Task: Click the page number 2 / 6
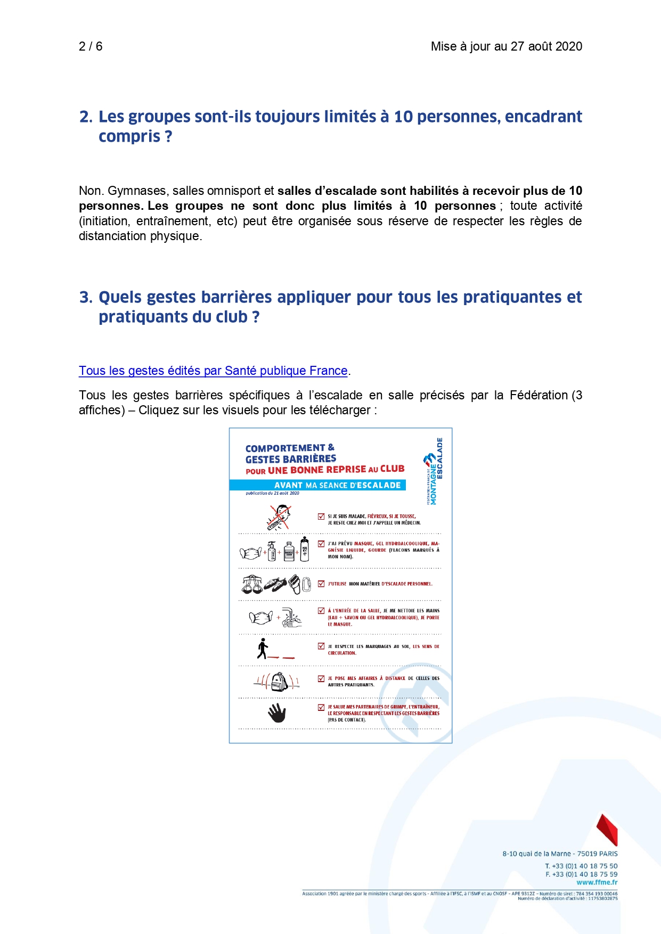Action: click(91, 46)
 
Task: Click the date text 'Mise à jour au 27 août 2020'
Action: click(506, 46)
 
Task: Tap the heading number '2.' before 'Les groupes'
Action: click(86, 117)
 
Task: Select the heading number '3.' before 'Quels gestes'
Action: click(86, 297)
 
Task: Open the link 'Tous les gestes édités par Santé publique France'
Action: click(213, 371)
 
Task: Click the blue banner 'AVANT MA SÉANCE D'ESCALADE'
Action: click(318, 485)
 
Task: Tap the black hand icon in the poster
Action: click(277, 712)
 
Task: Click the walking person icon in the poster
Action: click(263, 649)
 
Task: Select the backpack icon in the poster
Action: click(279, 682)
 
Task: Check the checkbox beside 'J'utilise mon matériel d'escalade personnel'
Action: click(321, 584)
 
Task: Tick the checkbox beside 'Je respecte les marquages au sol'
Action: click(321, 646)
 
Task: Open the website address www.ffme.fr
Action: click(597, 882)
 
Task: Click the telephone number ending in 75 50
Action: click(581, 866)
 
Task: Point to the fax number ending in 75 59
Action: click(581, 874)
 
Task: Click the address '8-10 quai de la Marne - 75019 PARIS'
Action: click(560, 854)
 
